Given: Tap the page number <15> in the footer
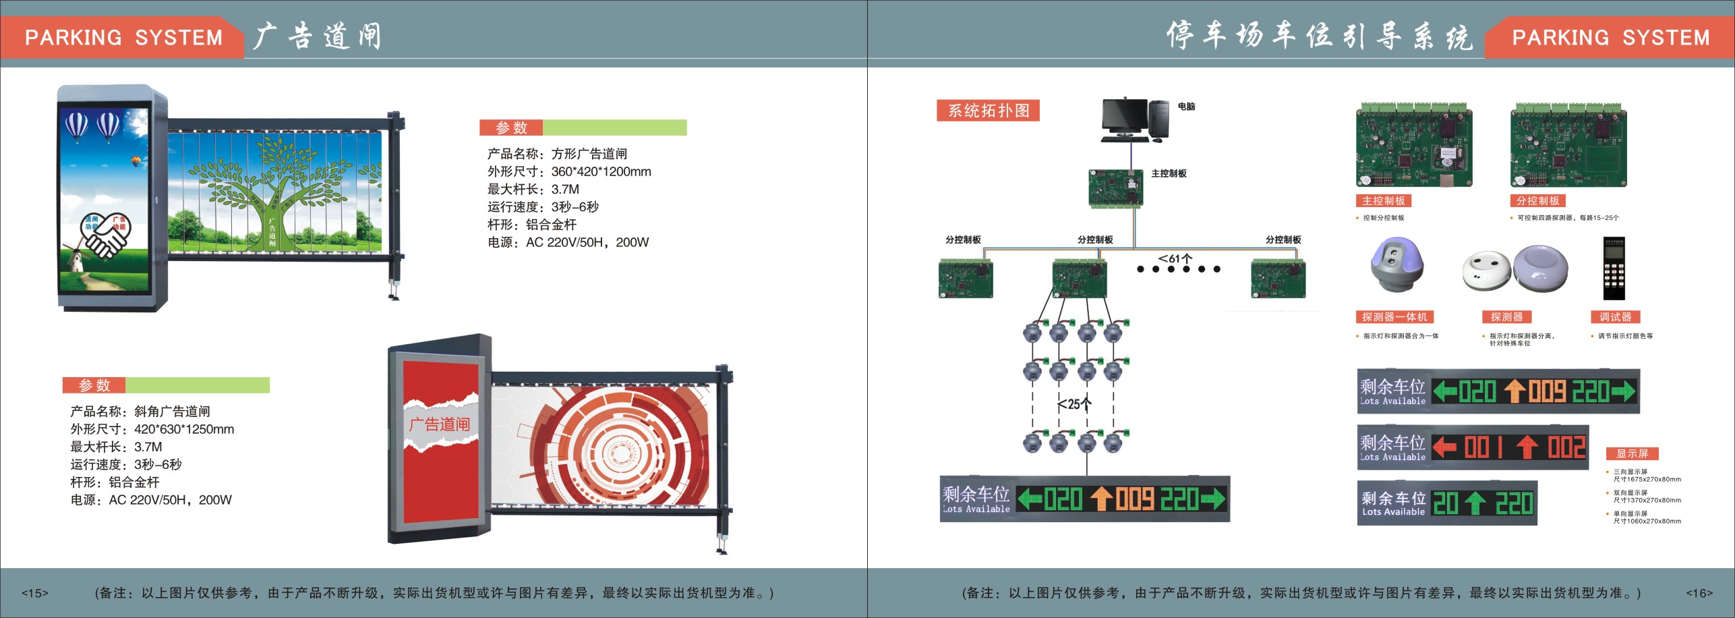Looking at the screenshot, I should click(x=35, y=593).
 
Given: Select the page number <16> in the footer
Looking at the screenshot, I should click(x=1699, y=593).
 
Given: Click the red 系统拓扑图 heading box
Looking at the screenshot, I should click(x=988, y=111).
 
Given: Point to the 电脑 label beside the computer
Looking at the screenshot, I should click(x=1186, y=107).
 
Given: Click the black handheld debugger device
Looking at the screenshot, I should click(x=1613, y=269).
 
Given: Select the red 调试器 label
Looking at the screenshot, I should click(x=1615, y=317).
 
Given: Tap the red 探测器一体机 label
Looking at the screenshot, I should click(x=1394, y=317).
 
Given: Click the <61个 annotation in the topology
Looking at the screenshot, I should click(x=1175, y=258).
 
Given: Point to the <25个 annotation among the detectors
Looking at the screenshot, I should click(x=1074, y=404).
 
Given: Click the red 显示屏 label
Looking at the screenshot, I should click(x=1632, y=453).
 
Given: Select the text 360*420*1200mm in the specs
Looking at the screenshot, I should click(x=601, y=172).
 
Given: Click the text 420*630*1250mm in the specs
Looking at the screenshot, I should click(x=184, y=429).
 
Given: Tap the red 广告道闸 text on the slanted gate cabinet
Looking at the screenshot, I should click(x=439, y=424).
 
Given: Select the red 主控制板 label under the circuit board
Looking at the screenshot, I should click(x=1383, y=201).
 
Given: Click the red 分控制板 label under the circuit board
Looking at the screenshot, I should click(x=1537, y=201).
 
